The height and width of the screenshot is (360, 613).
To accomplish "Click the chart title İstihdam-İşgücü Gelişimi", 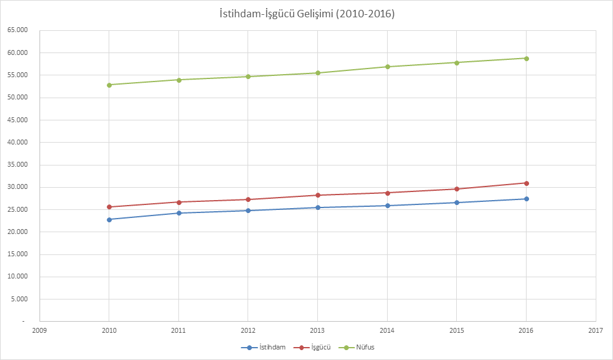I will [307, 14].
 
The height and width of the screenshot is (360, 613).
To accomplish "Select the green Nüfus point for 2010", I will [109, 85].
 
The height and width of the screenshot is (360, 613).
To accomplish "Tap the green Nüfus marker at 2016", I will [527, 58].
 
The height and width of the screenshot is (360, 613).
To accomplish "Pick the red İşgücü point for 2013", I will [318, 195].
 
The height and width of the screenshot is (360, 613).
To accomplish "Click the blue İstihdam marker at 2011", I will [179, 213].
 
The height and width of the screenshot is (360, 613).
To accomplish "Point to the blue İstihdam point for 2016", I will [527, 199].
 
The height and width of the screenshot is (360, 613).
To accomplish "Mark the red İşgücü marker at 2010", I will [109, 207].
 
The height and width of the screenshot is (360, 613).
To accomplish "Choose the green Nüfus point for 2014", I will [387, 67].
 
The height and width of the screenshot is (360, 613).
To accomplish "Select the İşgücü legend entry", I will [315, 347].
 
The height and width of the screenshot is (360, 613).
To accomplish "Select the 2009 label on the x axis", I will [40, 331].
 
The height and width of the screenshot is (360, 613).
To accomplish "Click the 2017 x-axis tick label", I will [596, 331].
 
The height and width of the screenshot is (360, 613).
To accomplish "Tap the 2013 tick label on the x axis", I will [318, 331].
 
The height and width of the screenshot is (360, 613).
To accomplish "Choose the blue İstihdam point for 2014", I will [387, 206].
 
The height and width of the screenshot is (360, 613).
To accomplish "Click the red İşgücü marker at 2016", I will [527, 183].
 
